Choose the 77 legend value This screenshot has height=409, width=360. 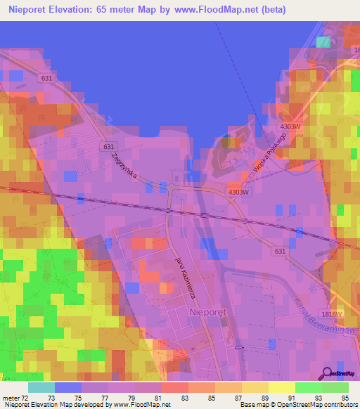pyautogui.click(x=108, y=398)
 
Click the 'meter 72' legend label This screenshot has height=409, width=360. pyautogui.click(x=15, y=398)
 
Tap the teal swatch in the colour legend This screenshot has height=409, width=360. pyautogui.click(x=41, y=387)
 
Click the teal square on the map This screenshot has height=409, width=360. pyautogui.click(x=323, y=41)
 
